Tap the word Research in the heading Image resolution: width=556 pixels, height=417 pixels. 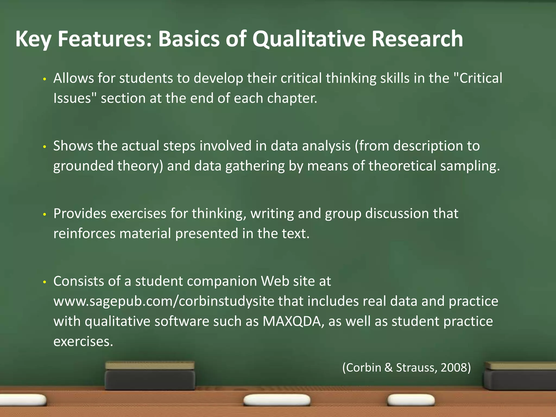click(x=417, y=39)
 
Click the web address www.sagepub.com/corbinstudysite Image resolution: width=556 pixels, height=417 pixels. click(x=164, y=301)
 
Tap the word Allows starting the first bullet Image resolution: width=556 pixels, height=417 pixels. click(x=73, y=78)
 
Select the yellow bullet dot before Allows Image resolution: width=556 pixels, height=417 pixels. click(x=45, y=79)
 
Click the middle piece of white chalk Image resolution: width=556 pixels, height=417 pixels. click(x=277, y=400)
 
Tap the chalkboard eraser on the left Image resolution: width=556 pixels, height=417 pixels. click(x=150, y=376)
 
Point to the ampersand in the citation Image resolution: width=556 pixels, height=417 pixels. click(x=388, y=368)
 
